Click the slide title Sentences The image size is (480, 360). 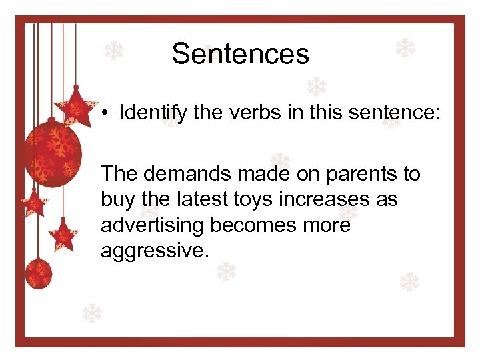[240, 54]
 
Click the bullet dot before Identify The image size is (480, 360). [105, 113]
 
